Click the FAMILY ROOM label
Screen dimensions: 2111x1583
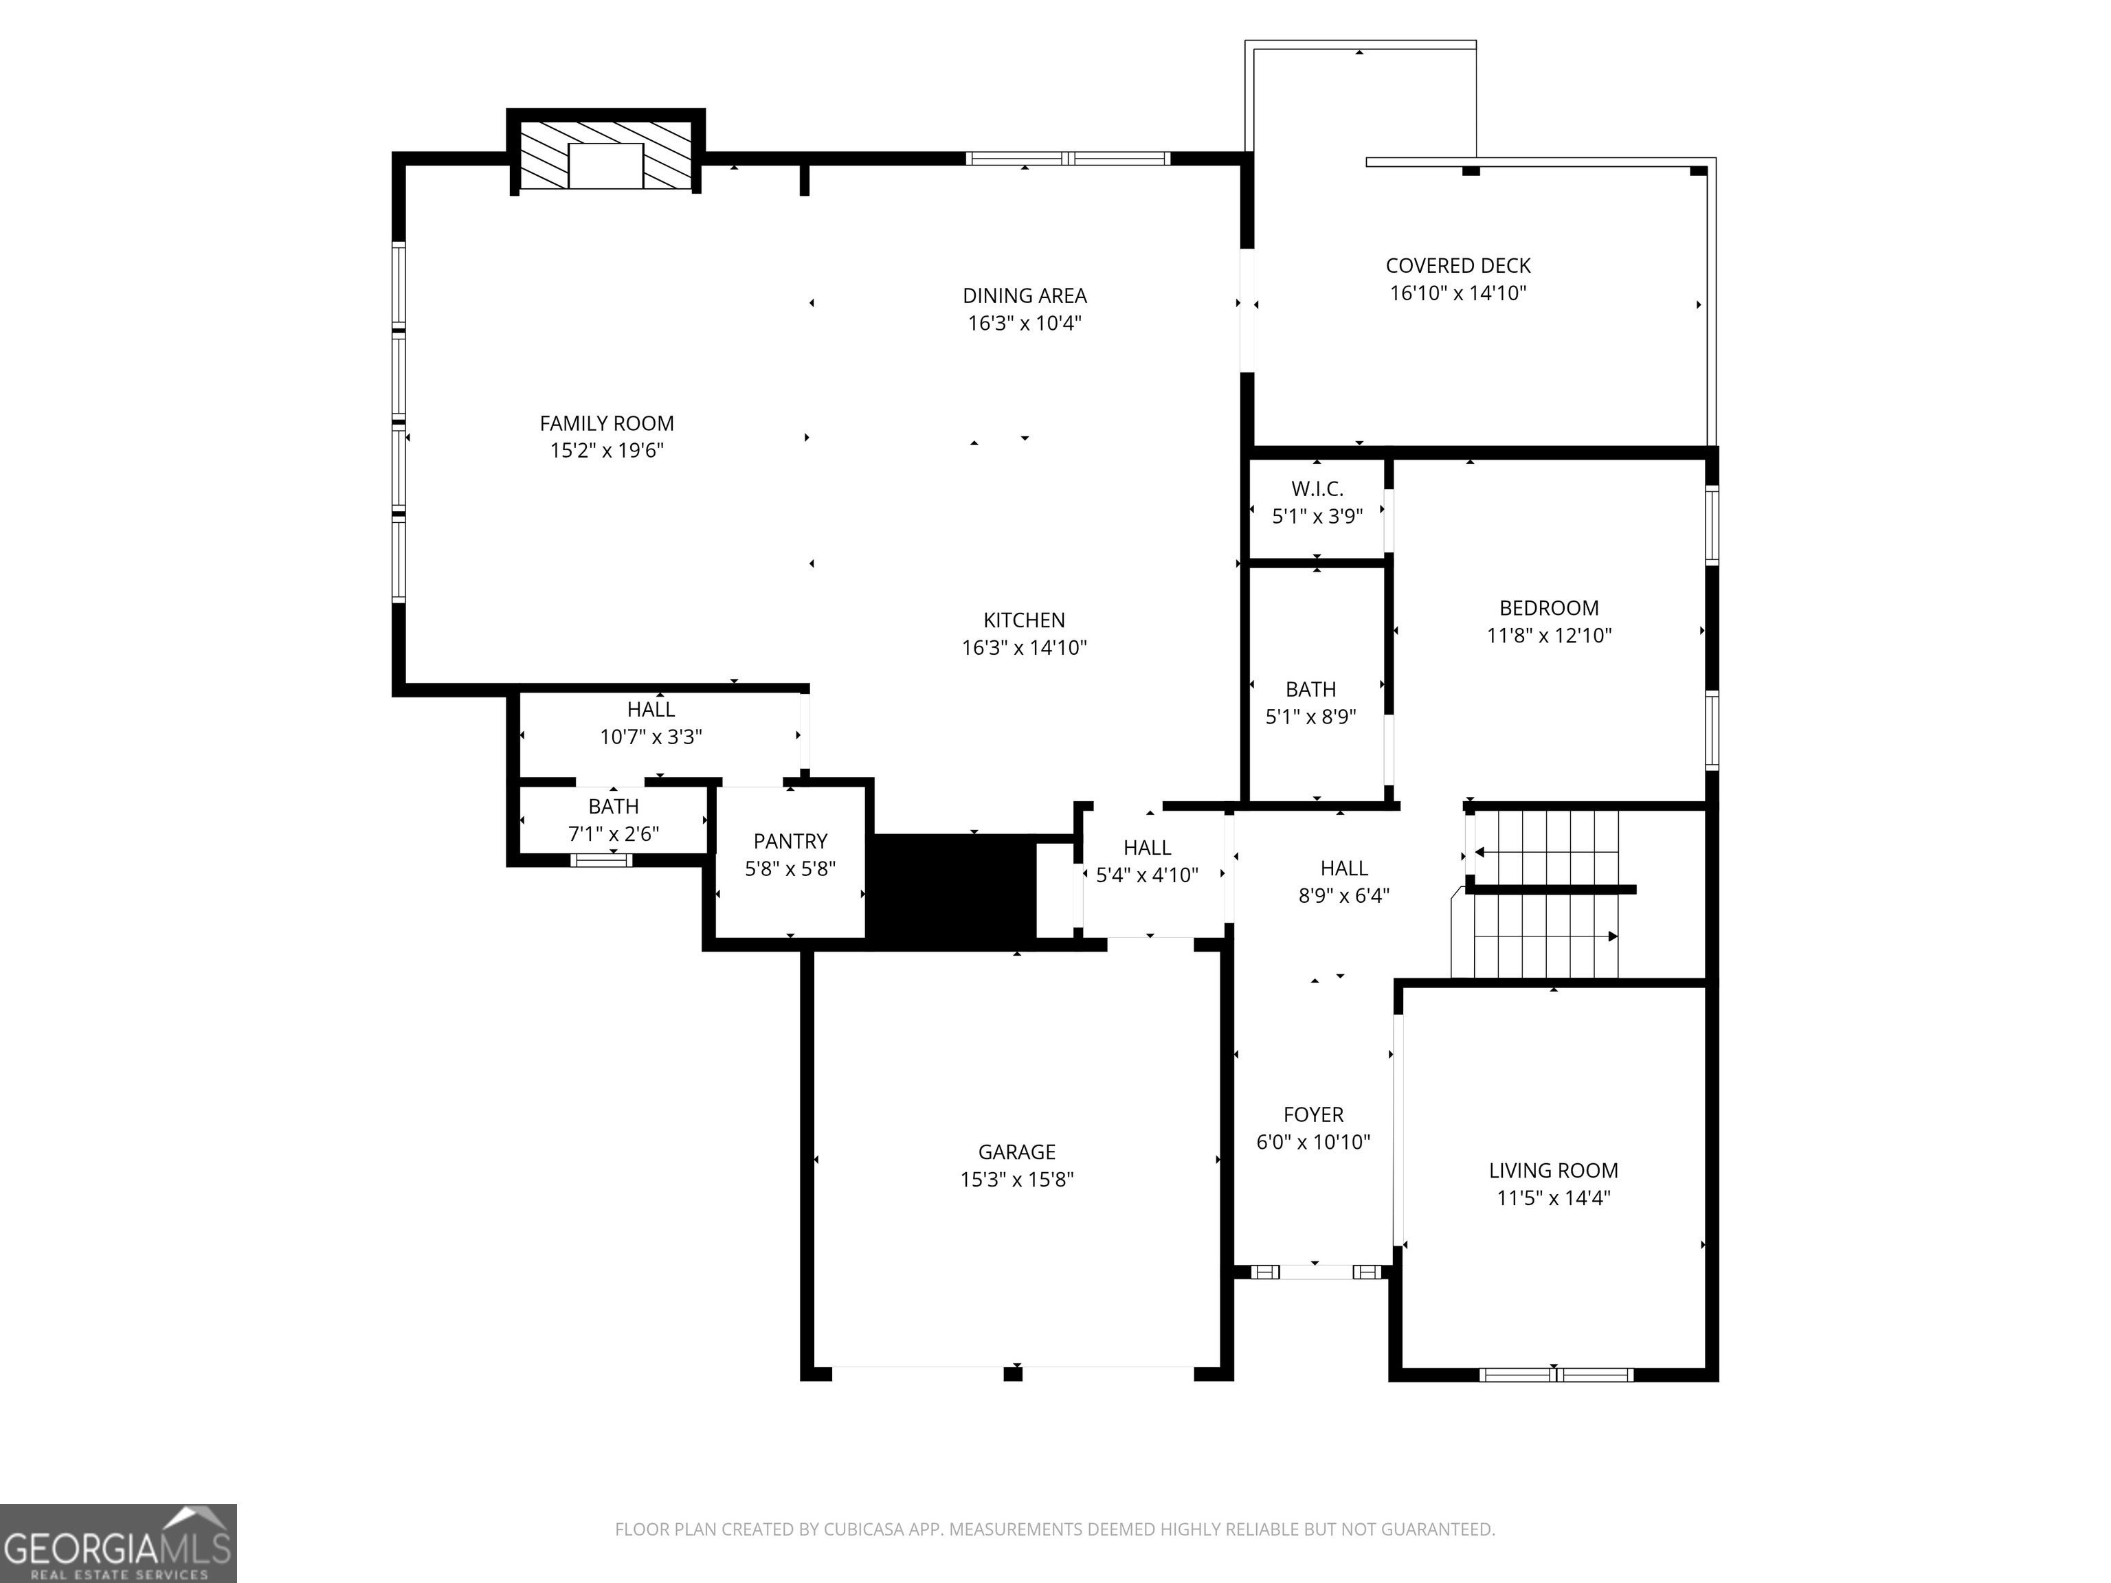point(607,424)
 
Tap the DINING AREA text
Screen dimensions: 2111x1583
point(1024,296)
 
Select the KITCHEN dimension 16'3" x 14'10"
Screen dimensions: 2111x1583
point(1024,648)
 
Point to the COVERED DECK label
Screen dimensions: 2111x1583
point(1457,266)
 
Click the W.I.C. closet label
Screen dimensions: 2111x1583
point(1317,489)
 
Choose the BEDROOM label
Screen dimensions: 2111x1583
point(1549,609)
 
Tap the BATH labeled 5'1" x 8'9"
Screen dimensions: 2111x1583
point(1310,690)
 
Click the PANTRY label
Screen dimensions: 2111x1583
point(790,842)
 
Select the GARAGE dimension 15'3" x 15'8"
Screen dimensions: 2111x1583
point(1016,1180)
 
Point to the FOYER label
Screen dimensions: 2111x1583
point(1313,1114)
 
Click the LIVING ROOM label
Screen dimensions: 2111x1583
point(1554,1171)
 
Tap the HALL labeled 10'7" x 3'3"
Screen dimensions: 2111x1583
point(651,710)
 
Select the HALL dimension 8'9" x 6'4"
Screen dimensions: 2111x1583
point(1343,896)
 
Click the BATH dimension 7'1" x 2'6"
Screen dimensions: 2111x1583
point(614,834)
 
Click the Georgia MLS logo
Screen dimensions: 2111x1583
point(118,1543)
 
